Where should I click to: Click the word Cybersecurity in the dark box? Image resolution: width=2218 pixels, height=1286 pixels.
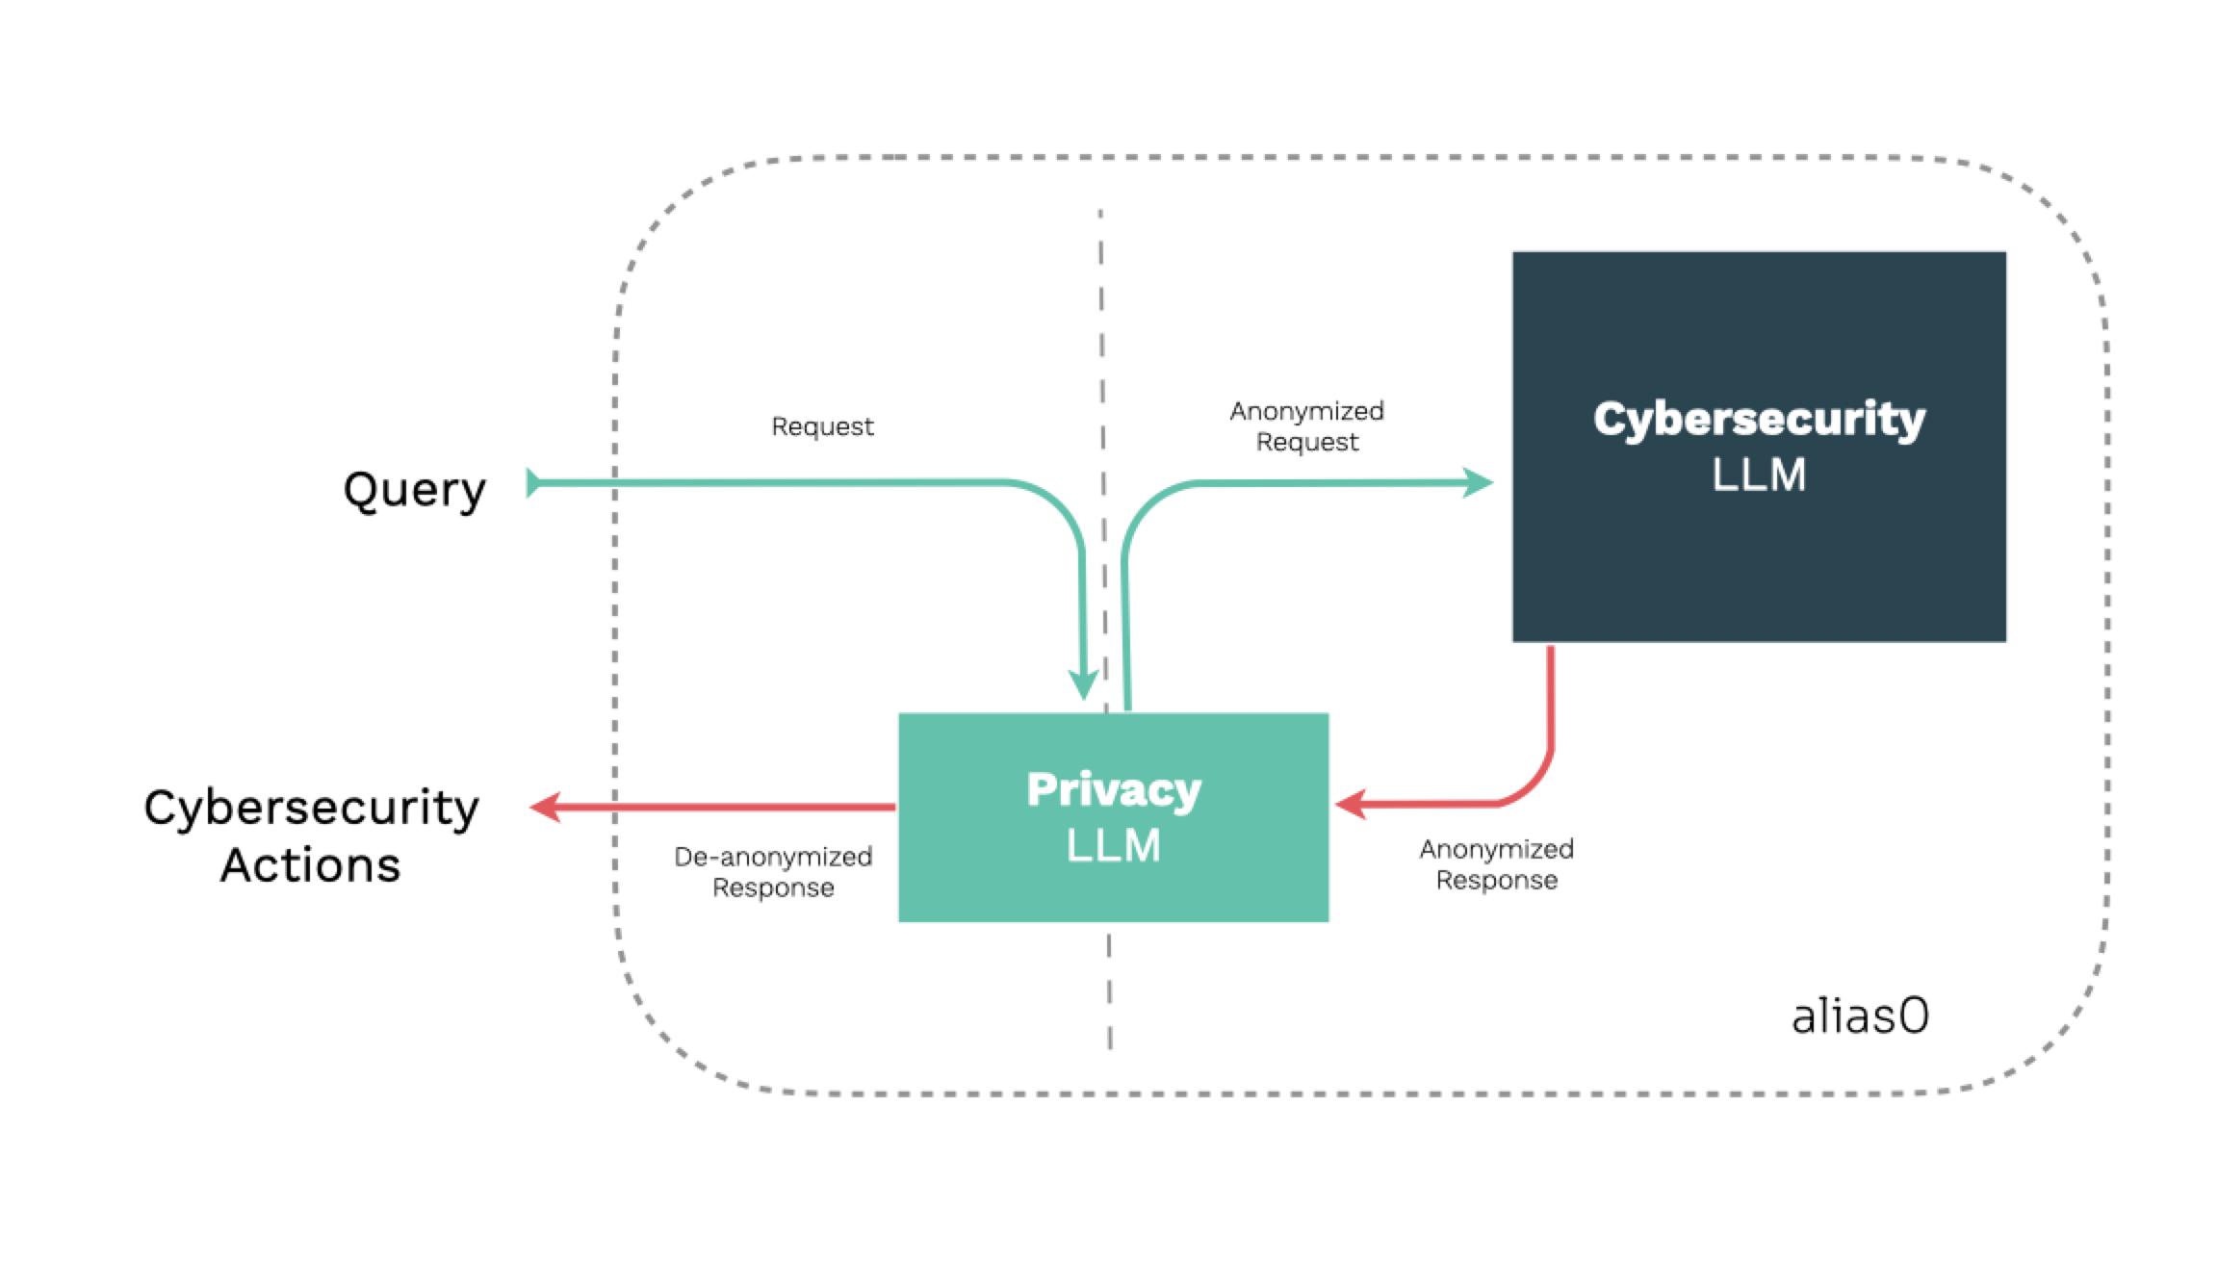pos(1759,420)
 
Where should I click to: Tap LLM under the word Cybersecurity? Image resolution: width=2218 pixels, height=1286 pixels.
pos(1759,475)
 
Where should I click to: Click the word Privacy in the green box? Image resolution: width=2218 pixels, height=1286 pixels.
pos(1114,790)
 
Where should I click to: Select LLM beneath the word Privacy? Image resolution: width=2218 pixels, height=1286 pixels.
pos(1114,845)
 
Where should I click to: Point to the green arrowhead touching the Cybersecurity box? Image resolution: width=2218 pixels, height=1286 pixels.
pos(1479,482)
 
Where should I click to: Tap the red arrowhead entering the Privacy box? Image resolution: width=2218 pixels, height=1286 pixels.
pos(1350,805)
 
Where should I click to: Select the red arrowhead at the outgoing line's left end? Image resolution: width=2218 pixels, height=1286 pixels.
pos(545,807)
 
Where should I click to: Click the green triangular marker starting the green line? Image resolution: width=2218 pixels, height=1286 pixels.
pos(532,482)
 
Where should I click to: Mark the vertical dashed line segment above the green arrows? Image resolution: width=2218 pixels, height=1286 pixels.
pos(1101,327)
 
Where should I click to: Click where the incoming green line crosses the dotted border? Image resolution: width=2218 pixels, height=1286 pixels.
pos(614,482)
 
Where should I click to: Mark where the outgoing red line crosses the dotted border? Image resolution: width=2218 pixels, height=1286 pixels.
pos(614,807)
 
